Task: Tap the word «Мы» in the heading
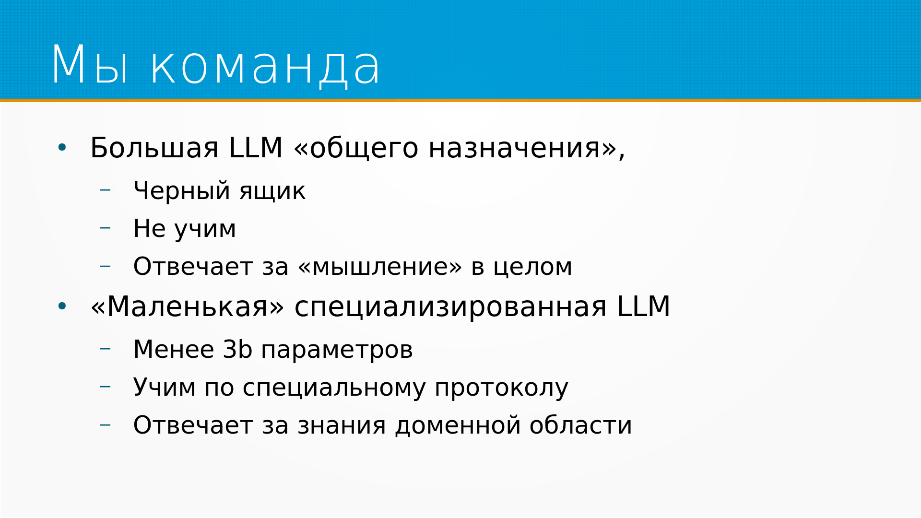click(90, 65)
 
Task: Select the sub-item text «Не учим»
click(185, 229)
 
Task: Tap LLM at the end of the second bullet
click(643, 306)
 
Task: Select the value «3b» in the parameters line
click(237, 349)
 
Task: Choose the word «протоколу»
click(501, 388)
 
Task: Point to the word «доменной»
click(458, 426)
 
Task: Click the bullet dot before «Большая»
click(62, 148)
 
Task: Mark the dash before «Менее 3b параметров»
click(105, 348)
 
